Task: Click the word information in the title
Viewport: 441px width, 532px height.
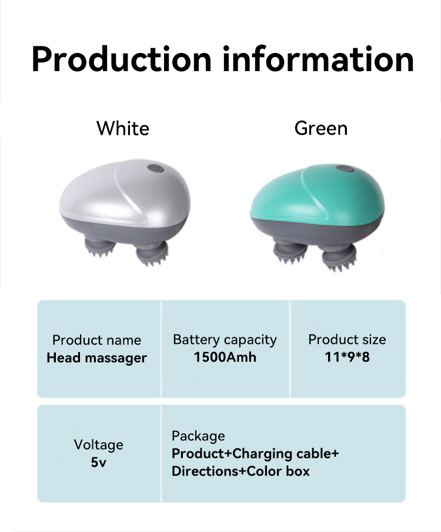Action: [x=318, y=59]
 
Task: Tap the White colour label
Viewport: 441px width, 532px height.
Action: [x=123, y=128]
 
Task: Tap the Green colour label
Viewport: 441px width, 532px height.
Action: [x=321, y=128]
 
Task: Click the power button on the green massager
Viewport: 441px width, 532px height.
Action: [x=343, y=170]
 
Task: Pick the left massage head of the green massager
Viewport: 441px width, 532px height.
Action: [x=288, y=251]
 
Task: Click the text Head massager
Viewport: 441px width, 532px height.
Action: [x=97, y=357]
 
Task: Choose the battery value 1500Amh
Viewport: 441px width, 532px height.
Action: [x=225, y=357]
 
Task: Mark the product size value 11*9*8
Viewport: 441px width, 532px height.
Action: [x=347, y=357]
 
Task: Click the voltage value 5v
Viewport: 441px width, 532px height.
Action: [x=98, y=462]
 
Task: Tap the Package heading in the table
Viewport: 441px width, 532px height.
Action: [x=198, y=436]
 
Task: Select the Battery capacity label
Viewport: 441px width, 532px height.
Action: [x=225, y=340]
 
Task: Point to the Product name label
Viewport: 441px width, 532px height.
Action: [x=97, y=340]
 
